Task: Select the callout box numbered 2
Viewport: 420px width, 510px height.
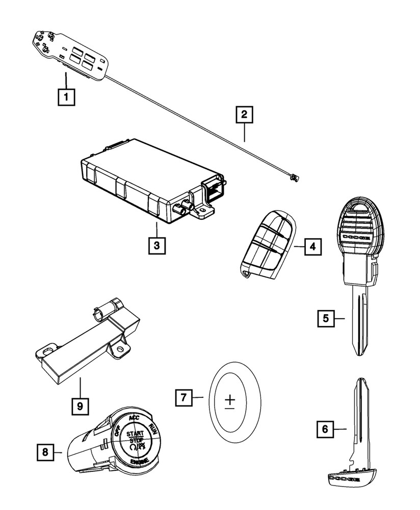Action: tap(244, 114)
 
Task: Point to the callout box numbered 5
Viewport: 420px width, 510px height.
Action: tap(325, 319)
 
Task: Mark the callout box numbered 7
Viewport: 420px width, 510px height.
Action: tap(184, 397)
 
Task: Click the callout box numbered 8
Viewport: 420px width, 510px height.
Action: tap(45, 451)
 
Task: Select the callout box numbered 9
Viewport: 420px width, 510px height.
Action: tap(80, 406)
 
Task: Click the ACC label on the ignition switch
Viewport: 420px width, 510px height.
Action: tap(134, 418)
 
